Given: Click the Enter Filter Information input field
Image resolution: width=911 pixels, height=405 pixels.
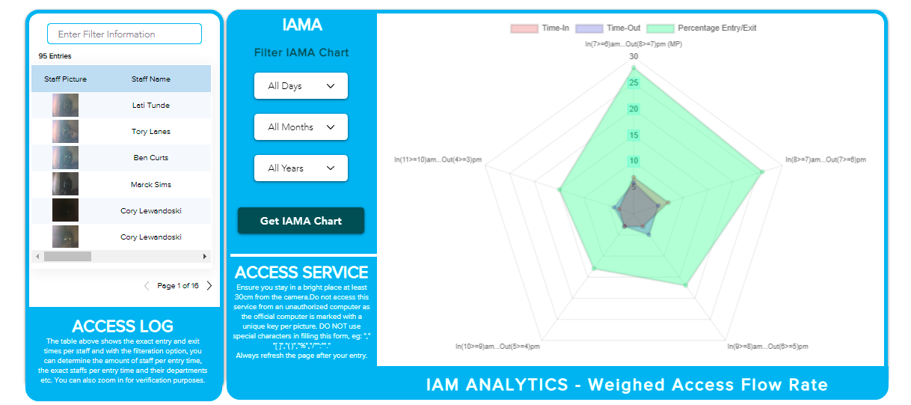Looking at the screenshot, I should click(124, 34).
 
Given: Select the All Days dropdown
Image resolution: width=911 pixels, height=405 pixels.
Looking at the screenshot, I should click(301, 86).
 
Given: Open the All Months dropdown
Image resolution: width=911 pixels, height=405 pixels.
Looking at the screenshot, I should click(301, 127).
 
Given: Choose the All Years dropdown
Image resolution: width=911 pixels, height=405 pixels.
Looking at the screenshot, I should click(301, 168).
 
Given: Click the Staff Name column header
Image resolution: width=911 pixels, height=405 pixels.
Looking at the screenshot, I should click(151, 79).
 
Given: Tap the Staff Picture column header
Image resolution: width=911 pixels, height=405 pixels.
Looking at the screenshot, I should click(65, 79).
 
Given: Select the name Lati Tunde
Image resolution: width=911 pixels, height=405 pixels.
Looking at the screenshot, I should click(151, 106).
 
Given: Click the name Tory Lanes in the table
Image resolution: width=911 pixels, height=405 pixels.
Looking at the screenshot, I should click(151, 132).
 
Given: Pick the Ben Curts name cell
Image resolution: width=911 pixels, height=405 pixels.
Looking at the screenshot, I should click(151, 158).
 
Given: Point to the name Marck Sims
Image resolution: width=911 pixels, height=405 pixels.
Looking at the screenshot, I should click(151, 185).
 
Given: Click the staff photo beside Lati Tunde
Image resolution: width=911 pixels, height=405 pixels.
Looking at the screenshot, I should click(65, 106).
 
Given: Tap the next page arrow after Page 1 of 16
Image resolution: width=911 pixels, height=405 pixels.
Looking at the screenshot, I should click(209, 286).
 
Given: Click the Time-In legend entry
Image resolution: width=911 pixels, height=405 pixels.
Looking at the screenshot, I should click(540, 28).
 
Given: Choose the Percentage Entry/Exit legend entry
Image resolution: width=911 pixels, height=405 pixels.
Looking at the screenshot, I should click(702, 28).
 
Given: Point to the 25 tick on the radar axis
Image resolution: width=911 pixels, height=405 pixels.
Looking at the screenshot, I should click(634, 83).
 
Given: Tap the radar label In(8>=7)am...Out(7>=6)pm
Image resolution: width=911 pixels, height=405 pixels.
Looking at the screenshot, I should click(825, 159).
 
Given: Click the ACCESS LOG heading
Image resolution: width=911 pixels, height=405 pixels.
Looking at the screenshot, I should click(123, 326).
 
